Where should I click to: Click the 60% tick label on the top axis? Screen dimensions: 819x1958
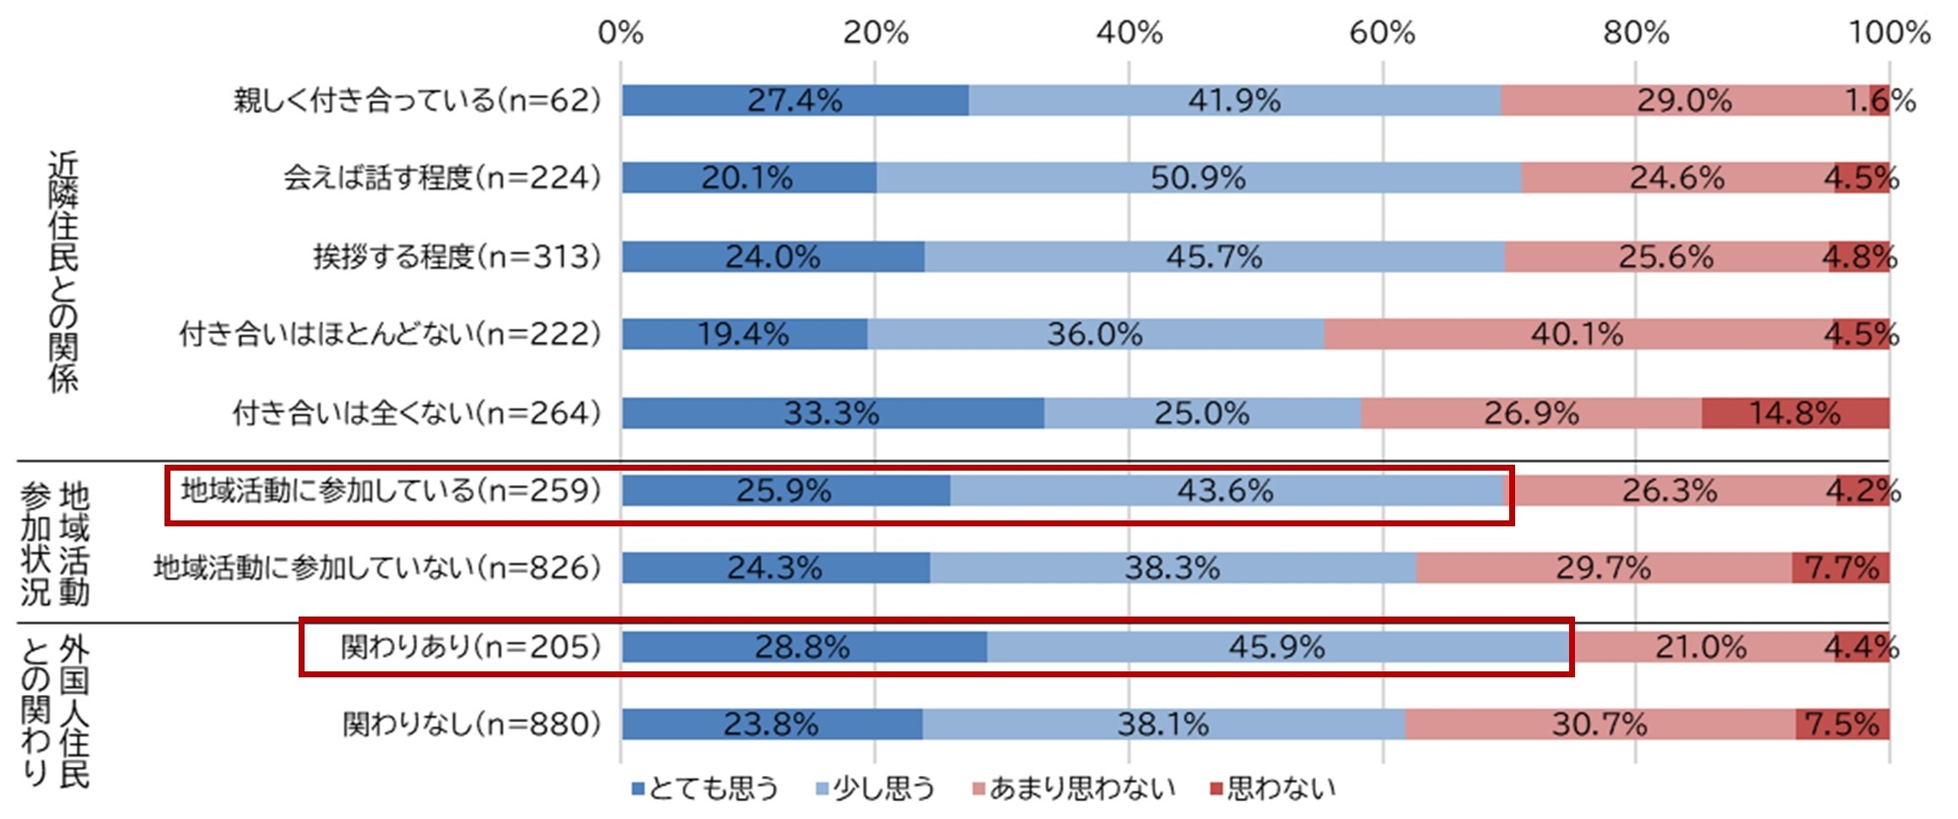[1382, 33]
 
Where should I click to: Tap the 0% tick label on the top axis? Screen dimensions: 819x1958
[620, 33]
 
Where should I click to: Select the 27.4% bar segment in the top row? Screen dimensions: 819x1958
[795, 100]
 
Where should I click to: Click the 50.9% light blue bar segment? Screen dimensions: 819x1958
[1198, 178]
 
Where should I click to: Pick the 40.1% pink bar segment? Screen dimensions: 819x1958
[1578, 334]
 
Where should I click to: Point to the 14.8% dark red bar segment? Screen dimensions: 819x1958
[1794, 413]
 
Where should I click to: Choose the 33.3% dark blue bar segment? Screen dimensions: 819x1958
[832, 413]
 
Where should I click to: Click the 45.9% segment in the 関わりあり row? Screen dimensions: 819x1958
[1276, 647]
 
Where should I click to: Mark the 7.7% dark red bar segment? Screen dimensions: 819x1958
[1841, 568]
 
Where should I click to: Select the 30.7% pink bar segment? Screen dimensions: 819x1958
[1599, 725]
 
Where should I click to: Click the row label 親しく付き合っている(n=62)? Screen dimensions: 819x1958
[417, 100]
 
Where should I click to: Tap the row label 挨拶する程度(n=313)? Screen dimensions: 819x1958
[456, 256]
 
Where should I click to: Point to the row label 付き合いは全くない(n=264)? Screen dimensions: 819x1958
[417, 413]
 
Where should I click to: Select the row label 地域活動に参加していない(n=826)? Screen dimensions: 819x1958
[377, 568]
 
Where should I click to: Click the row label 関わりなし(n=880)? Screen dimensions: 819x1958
[472, 725]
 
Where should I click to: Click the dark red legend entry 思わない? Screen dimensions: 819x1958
[1273, 789]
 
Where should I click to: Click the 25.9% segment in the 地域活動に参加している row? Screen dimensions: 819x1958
[785, 491]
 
